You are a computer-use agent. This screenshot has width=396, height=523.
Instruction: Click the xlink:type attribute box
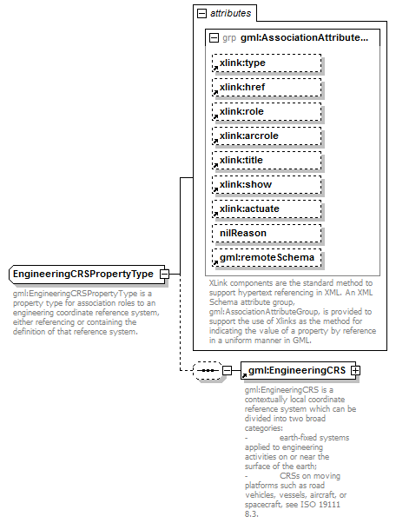266,63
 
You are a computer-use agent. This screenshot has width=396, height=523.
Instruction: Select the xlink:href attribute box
266,87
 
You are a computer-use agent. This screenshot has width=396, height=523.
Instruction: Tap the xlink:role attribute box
266,111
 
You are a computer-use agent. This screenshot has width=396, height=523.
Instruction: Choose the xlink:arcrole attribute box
266,136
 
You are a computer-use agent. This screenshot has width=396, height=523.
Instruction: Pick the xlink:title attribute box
266,160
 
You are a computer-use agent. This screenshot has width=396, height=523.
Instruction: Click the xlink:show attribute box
266,184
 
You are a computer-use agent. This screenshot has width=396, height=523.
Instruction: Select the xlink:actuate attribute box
266,209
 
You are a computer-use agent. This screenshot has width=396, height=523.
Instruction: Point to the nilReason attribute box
266,233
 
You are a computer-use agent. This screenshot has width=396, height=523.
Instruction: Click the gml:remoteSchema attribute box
266,257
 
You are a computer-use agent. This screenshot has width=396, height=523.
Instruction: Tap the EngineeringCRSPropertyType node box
82,275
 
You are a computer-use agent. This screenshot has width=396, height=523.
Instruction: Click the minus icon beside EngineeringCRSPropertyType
163,275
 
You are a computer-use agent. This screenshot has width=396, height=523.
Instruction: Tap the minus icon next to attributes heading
201,14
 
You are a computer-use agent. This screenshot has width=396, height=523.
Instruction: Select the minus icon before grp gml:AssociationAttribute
214,37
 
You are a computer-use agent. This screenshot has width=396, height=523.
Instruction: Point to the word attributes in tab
230,14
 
